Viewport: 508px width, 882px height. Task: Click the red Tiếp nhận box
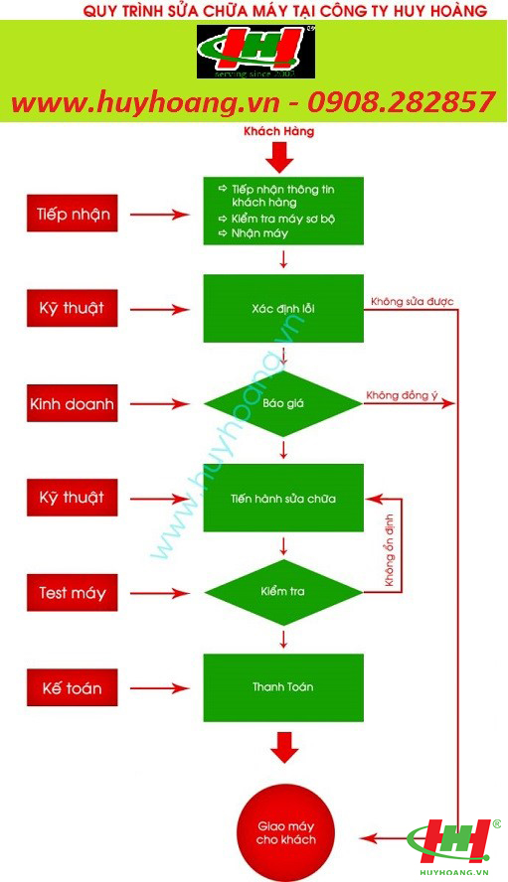73,214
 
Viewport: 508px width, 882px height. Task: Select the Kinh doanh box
73,403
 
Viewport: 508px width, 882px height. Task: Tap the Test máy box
73,593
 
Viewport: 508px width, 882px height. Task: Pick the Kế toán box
73,687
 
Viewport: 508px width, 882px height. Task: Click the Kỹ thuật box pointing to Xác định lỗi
73,308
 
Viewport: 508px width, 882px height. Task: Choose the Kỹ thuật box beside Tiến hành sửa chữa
73,498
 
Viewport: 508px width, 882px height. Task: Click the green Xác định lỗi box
283,308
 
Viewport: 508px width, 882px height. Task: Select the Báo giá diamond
283,403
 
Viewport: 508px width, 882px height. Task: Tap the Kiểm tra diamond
283,592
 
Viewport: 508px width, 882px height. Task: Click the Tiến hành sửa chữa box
283,498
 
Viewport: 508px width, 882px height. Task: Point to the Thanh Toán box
283,687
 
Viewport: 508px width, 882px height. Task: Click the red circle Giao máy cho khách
285,833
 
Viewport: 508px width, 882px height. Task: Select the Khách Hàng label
278,131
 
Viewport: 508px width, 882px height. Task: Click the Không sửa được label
413,302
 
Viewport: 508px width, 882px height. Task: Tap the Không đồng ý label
402,395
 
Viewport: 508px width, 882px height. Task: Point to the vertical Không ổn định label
389,550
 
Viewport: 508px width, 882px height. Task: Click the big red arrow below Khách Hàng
280,157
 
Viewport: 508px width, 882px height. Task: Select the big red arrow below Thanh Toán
284,748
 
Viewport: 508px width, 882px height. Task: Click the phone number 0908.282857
401,102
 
